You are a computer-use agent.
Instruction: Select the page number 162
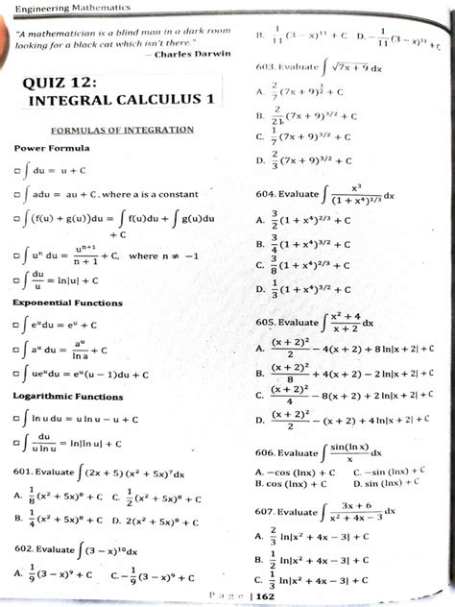265,596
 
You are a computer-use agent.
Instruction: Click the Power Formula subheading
52,148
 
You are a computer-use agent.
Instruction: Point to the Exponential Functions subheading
67,303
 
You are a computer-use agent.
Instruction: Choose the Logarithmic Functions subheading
67,396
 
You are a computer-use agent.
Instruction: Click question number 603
266,67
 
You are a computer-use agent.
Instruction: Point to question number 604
266,193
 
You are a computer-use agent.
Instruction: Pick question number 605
266,323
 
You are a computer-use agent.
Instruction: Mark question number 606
266,451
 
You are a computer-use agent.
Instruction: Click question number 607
266,512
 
